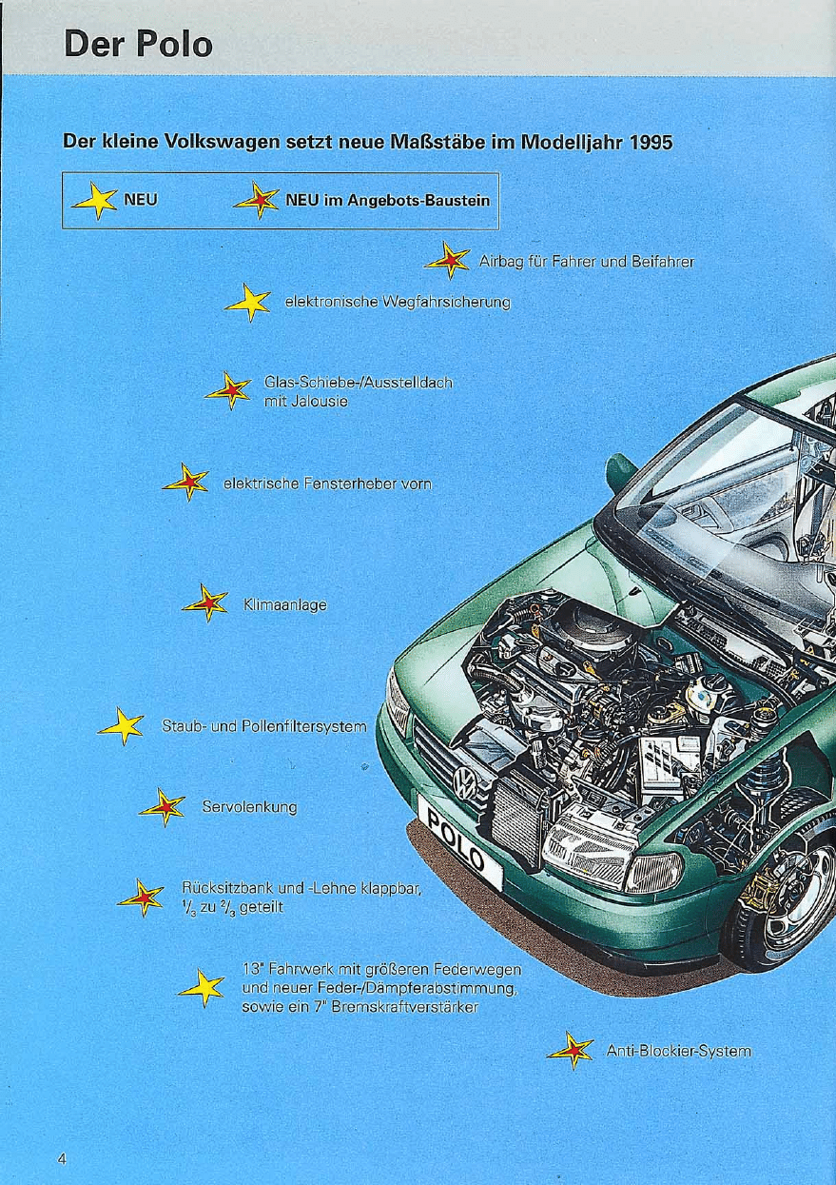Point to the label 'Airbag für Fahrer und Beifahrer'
pos(585,262)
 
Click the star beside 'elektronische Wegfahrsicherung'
pos(248,303)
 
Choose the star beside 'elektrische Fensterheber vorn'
pos(185,483)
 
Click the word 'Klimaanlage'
pos(285,603)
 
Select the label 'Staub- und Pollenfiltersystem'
pos(263,728)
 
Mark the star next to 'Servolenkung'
pos(163,807)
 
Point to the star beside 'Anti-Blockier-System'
pos(571,1051)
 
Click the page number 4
pos(62,1159)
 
